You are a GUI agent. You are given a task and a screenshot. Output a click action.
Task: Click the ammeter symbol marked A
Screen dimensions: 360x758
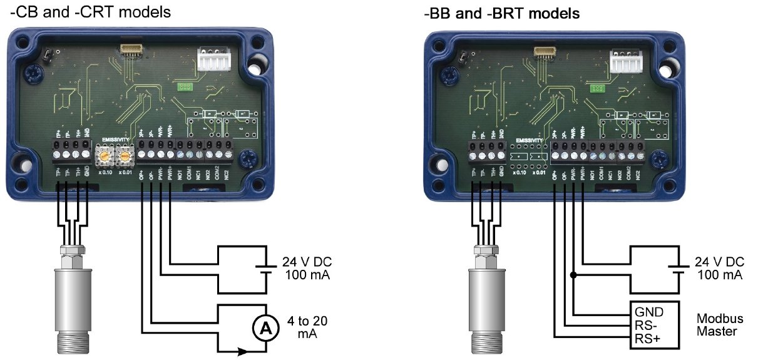pos(264,326)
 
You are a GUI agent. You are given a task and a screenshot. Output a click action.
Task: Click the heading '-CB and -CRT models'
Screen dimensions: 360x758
pos(90,13)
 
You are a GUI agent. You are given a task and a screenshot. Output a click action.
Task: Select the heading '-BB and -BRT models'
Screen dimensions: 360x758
pos(501,13)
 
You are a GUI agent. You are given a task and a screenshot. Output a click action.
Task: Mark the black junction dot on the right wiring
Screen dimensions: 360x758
pos(573,274)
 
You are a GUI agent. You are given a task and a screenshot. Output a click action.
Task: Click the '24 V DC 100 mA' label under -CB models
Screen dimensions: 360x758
pos(307,269)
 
